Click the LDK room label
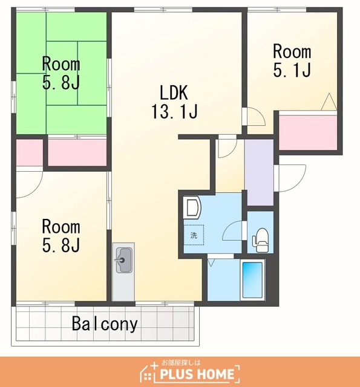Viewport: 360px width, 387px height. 174,93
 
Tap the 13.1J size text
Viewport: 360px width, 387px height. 174,111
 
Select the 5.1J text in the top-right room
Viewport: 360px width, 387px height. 292,70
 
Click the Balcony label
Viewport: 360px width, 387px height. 105,324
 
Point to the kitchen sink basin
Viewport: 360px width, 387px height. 123,260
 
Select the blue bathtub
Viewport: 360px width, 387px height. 252,280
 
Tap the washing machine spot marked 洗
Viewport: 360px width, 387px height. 194,235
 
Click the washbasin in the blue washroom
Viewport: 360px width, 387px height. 193,207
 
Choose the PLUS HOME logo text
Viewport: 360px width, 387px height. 197,374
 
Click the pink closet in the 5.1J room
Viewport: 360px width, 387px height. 308,132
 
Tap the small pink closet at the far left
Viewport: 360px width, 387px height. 30,152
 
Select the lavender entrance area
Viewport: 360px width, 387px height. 259,172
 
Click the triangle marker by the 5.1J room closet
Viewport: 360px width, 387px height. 329,102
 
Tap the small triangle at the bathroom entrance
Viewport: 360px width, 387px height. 211,262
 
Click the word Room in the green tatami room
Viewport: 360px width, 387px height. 61,63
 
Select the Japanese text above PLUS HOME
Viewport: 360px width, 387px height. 181,363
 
